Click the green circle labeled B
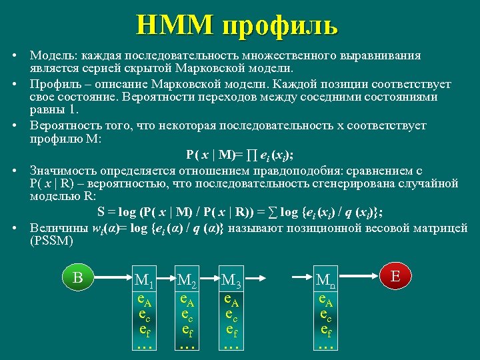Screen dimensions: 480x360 pyautogui.click(x=78, y=277)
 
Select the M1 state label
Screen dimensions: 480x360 pyautogui.click(x=143, y=281)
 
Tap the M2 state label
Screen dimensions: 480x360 pyautogui.click(x=187, y=281)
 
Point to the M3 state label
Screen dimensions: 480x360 pyautogui.click(x=233, y=281)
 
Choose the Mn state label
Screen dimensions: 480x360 pyautogui.click(x=325, y=281)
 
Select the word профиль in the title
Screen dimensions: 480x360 pyautogui.click(x=280, y=25)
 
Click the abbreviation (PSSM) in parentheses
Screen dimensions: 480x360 pyautogui.click(x=51, y=241)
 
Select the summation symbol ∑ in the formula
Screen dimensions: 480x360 pyautogui.click(x=271, y=212)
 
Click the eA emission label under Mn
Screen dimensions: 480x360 pyautogui.click(x=325, y=300)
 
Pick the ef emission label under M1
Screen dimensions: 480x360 pyautogui.click(x=143, y=329)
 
